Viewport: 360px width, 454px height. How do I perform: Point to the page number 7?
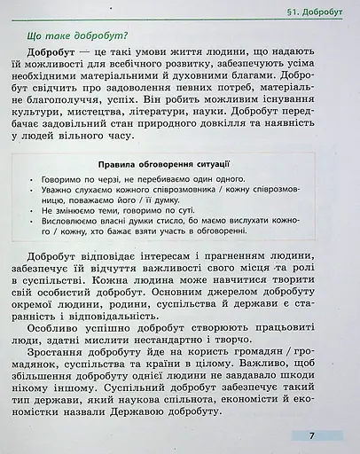(312, 435)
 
